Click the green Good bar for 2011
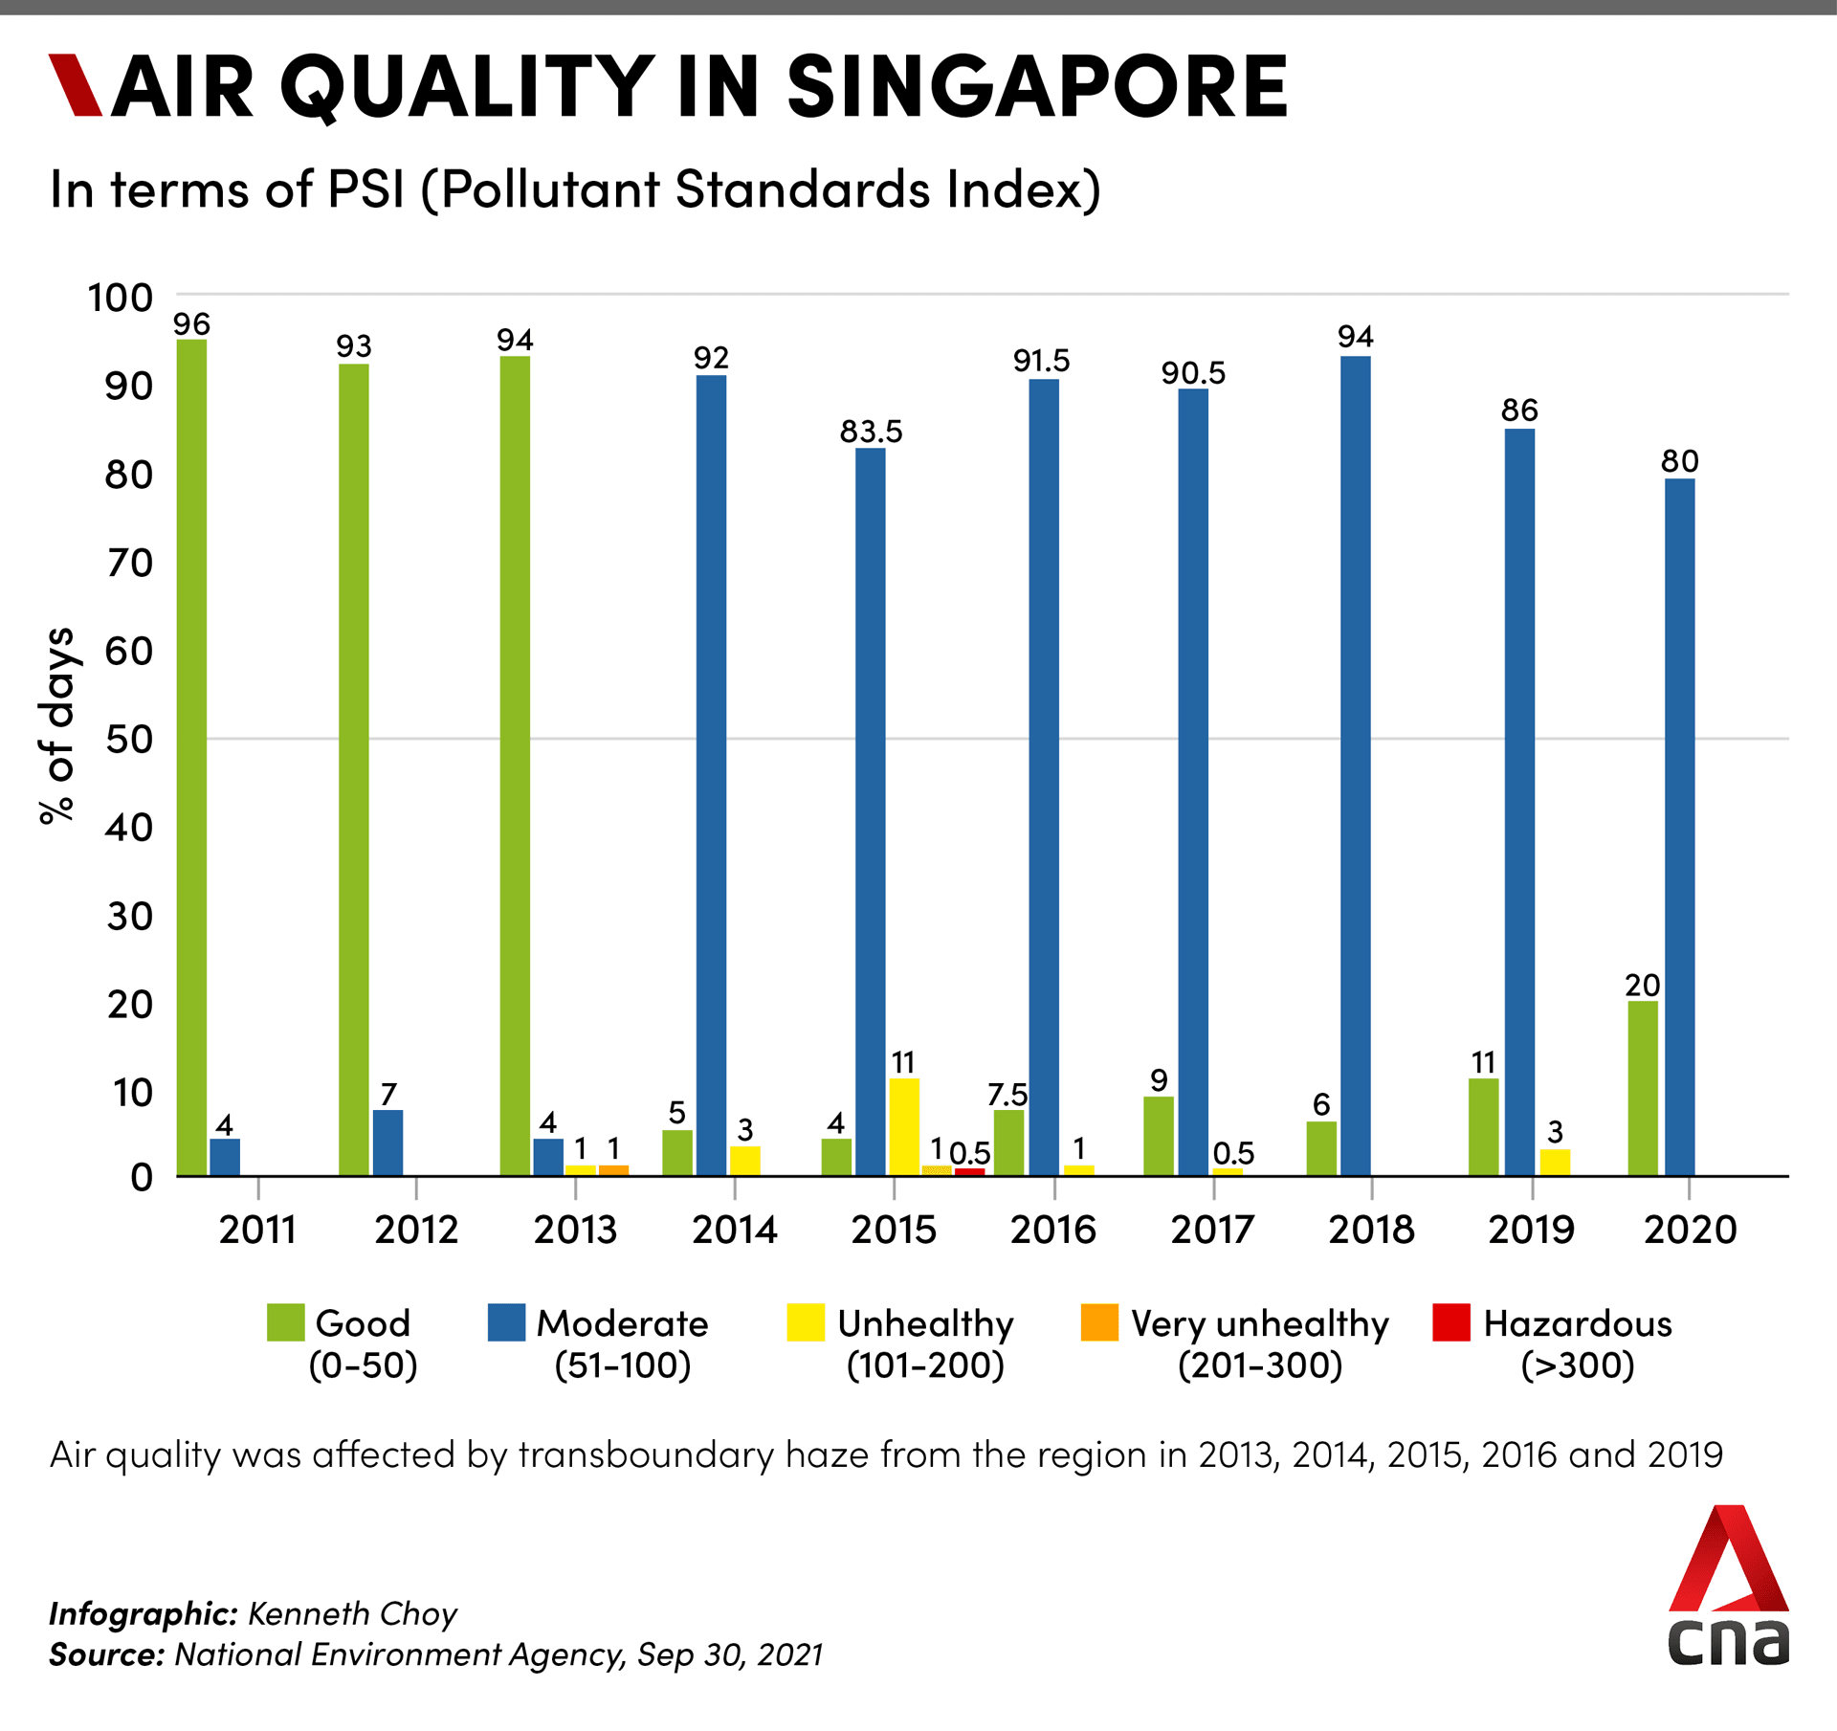click(x=191, y=756)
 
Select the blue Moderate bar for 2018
click(x=1355, y=766)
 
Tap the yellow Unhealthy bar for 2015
click(x=903, y=1127)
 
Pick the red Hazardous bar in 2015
click(x=969, y=1171)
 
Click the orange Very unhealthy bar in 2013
click(x=613, y=1170)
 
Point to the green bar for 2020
click(x=1643, y=1088)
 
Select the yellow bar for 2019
click(x=1555, y=1163)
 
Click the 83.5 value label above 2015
click(x=871, y=432)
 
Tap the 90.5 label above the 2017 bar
click(x=1193, y=373)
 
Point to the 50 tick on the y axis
click(x=129, y=740)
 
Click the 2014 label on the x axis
click(x=735, y=1230)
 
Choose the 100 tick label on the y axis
click(x=121, y=299)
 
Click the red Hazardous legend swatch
click(x=1450, y=1322)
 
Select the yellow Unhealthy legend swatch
click(x=806, y=1322)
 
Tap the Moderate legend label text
click(x=623, y=1323)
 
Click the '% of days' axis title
click(x=56, y=725)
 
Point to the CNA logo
click(x=1728, y=1587)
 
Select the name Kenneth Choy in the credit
click(x=352, y=1614)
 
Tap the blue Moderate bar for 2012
click(x=387, y=1143)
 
